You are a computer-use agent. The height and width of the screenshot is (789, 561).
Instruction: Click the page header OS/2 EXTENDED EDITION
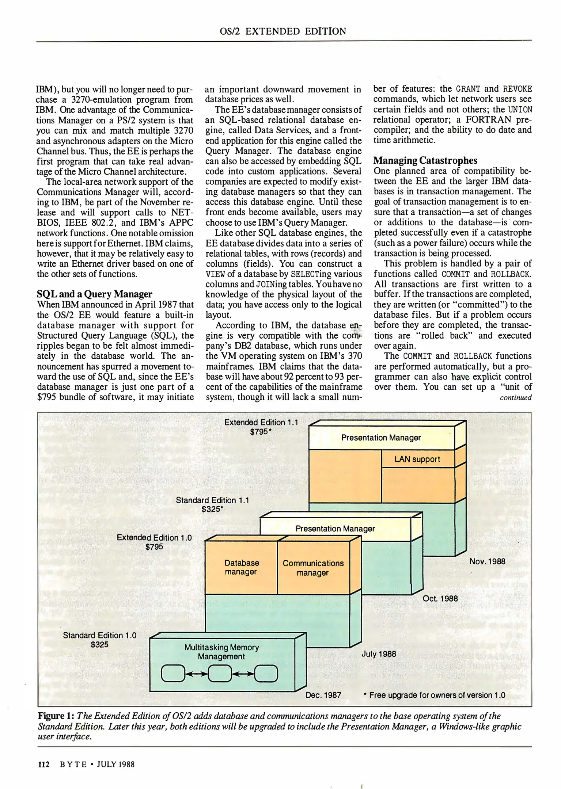(x=283, y=31)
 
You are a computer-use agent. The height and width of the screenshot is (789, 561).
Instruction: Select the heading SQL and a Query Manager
(x=95, y=294)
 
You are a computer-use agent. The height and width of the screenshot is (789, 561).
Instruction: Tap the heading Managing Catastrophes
(x=425, y=160)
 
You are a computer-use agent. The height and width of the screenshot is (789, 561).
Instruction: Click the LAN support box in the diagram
(x=417, y=459)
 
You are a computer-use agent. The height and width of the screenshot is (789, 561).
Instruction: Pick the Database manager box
(x=241, y=567)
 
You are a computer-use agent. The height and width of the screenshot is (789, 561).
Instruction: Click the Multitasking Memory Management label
(x=221, y=652)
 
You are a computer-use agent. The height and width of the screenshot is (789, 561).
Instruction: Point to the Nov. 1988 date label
(x=487, y=561)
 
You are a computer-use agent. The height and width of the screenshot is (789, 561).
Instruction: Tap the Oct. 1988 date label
(x=440, y=599)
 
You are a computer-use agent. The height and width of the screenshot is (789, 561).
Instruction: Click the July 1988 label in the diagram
(x=379, y=653)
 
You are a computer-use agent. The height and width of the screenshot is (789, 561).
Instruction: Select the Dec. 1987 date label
(x=323, y=695)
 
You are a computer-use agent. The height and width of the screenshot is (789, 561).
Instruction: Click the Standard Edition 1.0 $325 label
(x=99, y=640)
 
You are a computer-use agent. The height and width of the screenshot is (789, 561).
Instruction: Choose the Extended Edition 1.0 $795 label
(x=154, y=542)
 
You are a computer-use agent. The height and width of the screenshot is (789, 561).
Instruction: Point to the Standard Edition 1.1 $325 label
(x=212, y=504)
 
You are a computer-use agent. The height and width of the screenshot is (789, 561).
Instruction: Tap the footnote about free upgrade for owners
(x=434, y=695)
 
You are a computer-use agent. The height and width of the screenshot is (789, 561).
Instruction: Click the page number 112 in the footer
(x=43, y=764)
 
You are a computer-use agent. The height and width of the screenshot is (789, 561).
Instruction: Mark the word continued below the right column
(x=515, y=398)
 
